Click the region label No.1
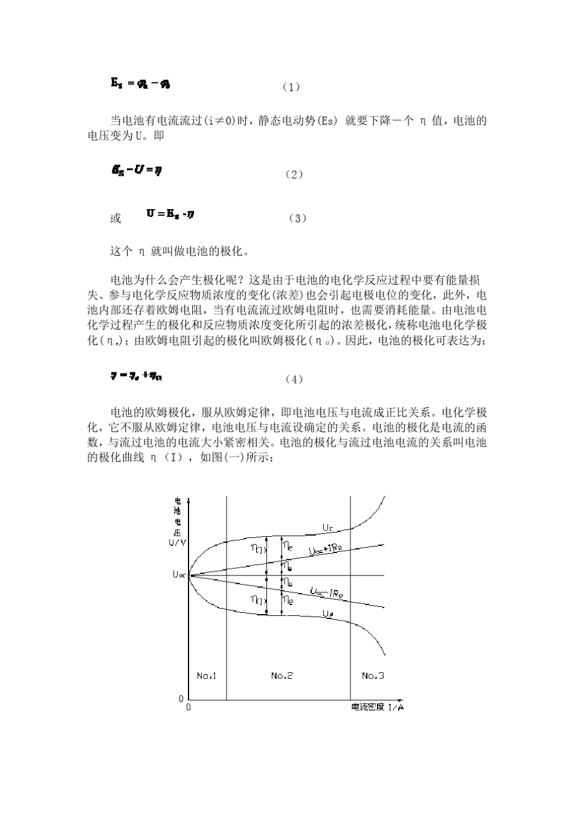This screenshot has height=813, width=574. click(x=207, y=675)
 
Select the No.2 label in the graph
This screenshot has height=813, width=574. click(x=282, y=675)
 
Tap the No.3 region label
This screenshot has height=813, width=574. click(x=373, y=675)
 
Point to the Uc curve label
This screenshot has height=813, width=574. click(x=327, y=528)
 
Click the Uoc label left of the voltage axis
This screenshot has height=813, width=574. click(x=179, y=575)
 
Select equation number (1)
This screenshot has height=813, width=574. click(x=291, y=87)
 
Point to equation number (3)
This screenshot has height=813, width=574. click(x=297, y=218)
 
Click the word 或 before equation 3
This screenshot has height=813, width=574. click(x=115, y=218)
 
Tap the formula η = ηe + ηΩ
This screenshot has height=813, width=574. click(x=136, y=376)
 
